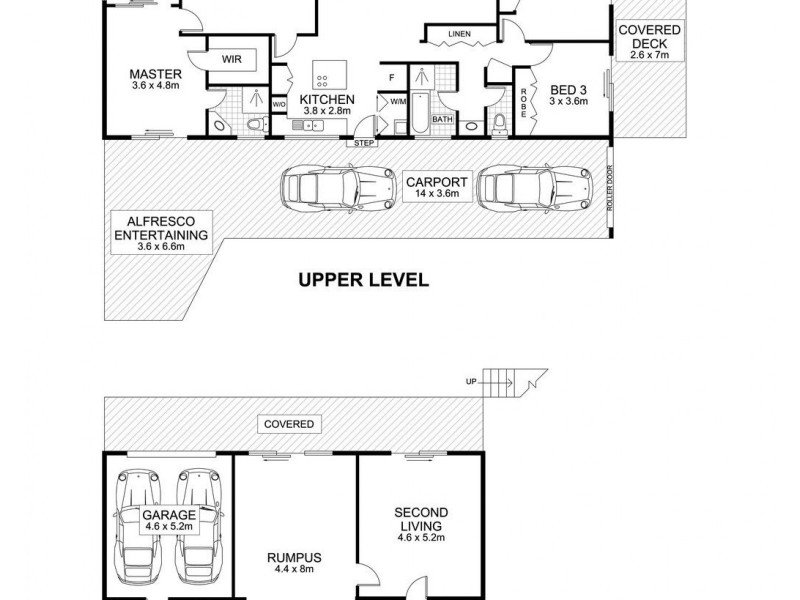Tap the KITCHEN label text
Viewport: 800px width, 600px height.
pyautogui.click(x=328, y=100)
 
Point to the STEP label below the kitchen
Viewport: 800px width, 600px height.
pyautogui.click(x=361, y=143)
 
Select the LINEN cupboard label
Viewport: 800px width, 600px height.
pyautogui.click(x=459, y=35)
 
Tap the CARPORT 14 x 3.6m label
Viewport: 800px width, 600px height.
pyautogui.click(x=432, y=187)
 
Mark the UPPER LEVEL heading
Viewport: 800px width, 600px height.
pyautogui.click(x=363, y=280)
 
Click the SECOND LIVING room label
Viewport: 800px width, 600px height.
pyautogui.click(x=418, y=522)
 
